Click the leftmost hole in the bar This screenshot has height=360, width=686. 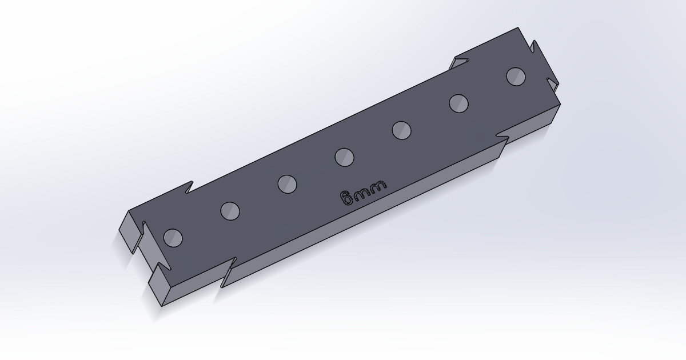pyautogui.click(x=173, y=237)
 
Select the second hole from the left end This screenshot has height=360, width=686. pyautogui.click(x=230, y=211)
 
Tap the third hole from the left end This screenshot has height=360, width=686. pyautogui.click(x=287, y=183)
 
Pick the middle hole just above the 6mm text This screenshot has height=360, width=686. pyautogui.click(x=344, y=157)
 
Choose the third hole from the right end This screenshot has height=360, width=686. pyautogui.click(x=402, y=130)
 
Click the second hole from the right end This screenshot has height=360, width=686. pyautogui.click(x=458, y=103)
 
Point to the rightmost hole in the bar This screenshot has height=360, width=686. pyautogui.click(x=516, y=77)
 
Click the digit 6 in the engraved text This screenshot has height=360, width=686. pyautogui.click(x=346, y=198)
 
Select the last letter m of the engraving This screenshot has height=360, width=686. pyautogui.click(x=378, y=186)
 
